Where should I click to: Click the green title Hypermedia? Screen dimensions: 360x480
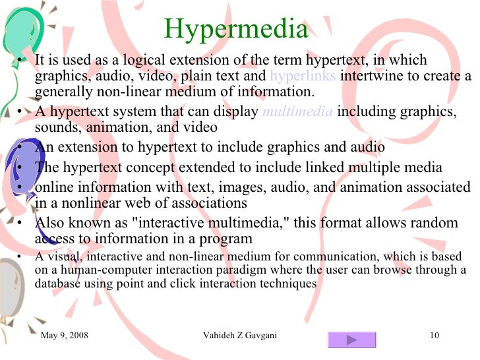(235, 29)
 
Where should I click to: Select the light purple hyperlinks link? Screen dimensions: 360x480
(303, 76)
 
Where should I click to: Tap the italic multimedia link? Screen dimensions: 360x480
(297, 111)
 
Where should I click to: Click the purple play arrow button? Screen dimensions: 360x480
(351, 340)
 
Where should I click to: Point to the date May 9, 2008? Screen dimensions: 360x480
(65, 336)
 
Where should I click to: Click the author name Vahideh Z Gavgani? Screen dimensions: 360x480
(240, 336)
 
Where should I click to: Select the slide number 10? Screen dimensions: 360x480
(434, 336)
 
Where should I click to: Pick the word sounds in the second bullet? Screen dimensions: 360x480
(54, 127)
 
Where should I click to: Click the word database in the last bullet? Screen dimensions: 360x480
(56, 284)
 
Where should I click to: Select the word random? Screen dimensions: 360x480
(437, 223)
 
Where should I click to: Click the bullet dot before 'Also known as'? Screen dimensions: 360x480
(21, 224)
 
